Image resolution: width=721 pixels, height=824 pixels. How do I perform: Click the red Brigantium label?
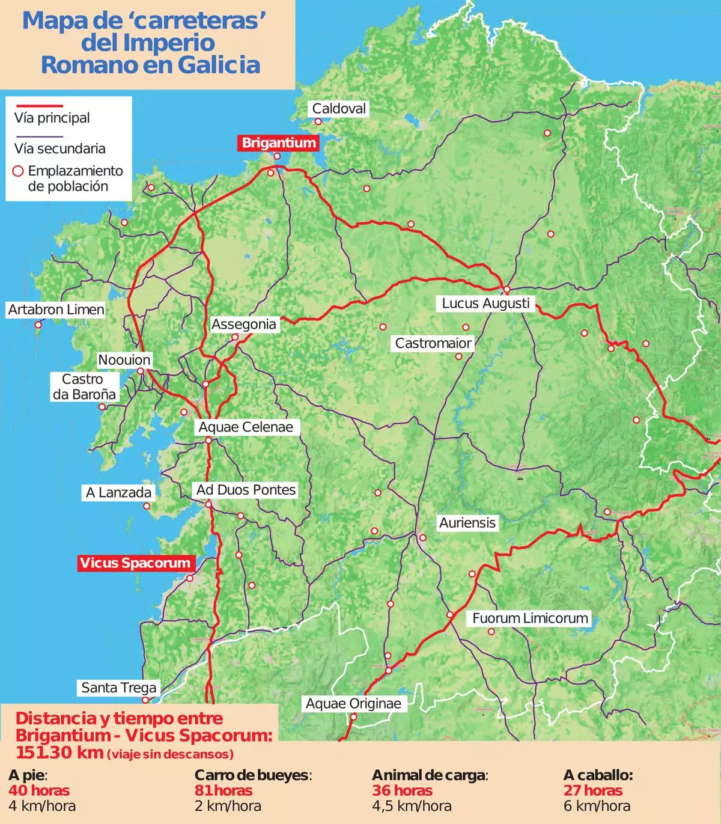pyautogui.click(x=278, y=143)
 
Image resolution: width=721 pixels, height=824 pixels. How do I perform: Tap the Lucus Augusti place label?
pyautogui.click(x=485, y=304)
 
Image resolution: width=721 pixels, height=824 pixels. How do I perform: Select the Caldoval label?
pyautogui.click(x=339, y=109)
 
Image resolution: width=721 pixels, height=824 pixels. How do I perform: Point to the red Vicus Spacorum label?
pyautogui.click(x=135, y=563)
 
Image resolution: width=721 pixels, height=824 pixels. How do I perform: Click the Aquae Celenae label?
pyautogui.click(x=246, y=427)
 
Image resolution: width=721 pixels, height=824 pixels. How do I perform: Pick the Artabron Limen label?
pyautogui.click(x=56, y=310)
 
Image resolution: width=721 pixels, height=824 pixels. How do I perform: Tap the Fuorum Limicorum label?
pyautogui.click(x=529, y=618)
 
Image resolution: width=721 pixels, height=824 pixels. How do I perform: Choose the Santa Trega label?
pyautogui.click(x=118, y=688)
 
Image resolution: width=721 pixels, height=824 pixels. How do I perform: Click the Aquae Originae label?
pyautogui.click(x=353, y=704)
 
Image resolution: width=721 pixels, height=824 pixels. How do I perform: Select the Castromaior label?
pyautogui.click(x=433, y=344)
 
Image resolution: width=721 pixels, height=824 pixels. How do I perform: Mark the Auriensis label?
pyautogui.click(x=467, y=523)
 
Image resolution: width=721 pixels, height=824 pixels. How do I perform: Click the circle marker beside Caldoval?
pyautogui.click(x=318, y=121)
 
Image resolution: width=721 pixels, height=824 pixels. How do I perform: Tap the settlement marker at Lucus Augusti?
pyautogui.click(x=507, y=290)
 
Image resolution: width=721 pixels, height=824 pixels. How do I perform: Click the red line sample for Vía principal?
pyautogui.click(x=38, y=106)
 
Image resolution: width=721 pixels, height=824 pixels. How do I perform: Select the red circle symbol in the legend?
pyautogui.click(x=18, y=171)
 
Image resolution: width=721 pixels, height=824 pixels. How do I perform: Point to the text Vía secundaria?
pyautogui.click(x=59, y=148)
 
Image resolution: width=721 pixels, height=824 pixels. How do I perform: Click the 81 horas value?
pyautogui.click(x=223, y=790)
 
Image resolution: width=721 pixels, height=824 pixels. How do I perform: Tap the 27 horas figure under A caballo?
pyautogui.click(x=592, y=790)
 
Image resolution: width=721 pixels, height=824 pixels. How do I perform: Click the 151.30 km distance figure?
pyautogui.click(x=59, y=752)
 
